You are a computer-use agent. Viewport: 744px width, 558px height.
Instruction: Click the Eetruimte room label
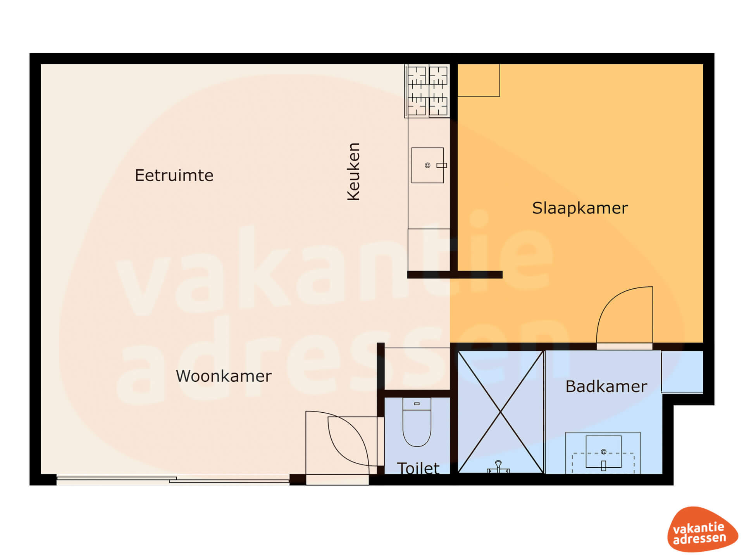174,176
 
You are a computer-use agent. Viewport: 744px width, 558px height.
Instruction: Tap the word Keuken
354,172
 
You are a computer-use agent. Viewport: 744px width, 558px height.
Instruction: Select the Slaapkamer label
580,208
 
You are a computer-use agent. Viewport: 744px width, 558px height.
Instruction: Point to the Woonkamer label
224,376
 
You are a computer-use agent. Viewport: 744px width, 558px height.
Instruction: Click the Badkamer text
606,386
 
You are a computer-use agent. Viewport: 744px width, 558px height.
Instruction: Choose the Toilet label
418,468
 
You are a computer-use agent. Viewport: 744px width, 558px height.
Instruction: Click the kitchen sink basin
427,165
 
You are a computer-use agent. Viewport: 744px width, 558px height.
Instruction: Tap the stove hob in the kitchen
427,91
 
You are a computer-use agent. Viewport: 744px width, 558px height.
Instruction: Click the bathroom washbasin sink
603,452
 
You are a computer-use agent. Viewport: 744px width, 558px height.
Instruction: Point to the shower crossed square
501,412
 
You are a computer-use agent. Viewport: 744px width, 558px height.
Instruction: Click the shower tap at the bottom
498,467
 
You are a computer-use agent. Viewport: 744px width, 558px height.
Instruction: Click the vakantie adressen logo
703,529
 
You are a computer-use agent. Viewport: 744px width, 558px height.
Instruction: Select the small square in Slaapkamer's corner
479,80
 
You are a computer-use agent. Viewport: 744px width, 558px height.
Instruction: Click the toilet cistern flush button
417,404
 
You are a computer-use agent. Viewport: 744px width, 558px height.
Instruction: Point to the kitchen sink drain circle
427,165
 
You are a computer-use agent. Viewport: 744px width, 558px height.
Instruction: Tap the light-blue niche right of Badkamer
682,372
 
